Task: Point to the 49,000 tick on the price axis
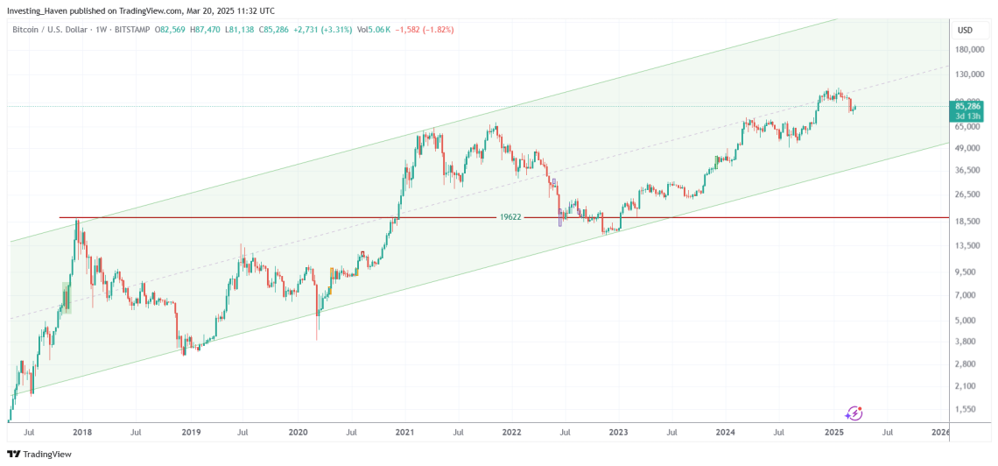point(968,146)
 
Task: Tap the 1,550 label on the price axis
point(966,409)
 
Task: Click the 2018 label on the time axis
point(83,433)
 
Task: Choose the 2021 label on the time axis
point(404,433)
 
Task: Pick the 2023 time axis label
point(618,433)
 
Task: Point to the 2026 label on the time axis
point(940,433)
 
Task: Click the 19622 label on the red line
point(511,216)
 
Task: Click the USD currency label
point(966,30)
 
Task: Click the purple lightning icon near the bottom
point(854,413)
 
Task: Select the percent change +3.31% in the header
point(335,29)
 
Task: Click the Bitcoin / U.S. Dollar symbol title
point(49,29)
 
